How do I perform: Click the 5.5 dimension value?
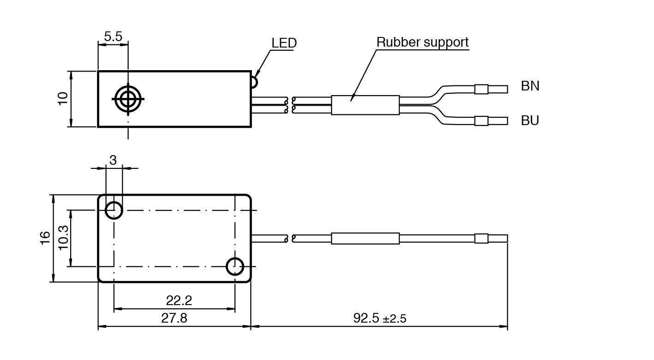113,37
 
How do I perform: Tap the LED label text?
284,43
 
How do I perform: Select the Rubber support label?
422,42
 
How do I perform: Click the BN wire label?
530,86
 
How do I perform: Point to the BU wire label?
530,121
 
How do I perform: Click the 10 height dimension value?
63,98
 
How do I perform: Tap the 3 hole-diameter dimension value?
113,160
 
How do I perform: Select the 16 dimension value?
45,238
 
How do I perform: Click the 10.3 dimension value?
63,238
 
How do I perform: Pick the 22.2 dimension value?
179,301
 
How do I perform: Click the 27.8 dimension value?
174,318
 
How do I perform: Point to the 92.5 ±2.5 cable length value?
379,318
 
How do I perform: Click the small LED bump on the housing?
254,82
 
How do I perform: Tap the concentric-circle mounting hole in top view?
128,98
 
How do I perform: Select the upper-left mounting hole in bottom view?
114,210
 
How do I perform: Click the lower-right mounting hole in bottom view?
235,266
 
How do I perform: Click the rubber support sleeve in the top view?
365,105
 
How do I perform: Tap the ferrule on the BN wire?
481,89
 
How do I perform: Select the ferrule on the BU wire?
481,121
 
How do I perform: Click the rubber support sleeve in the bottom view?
365,239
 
